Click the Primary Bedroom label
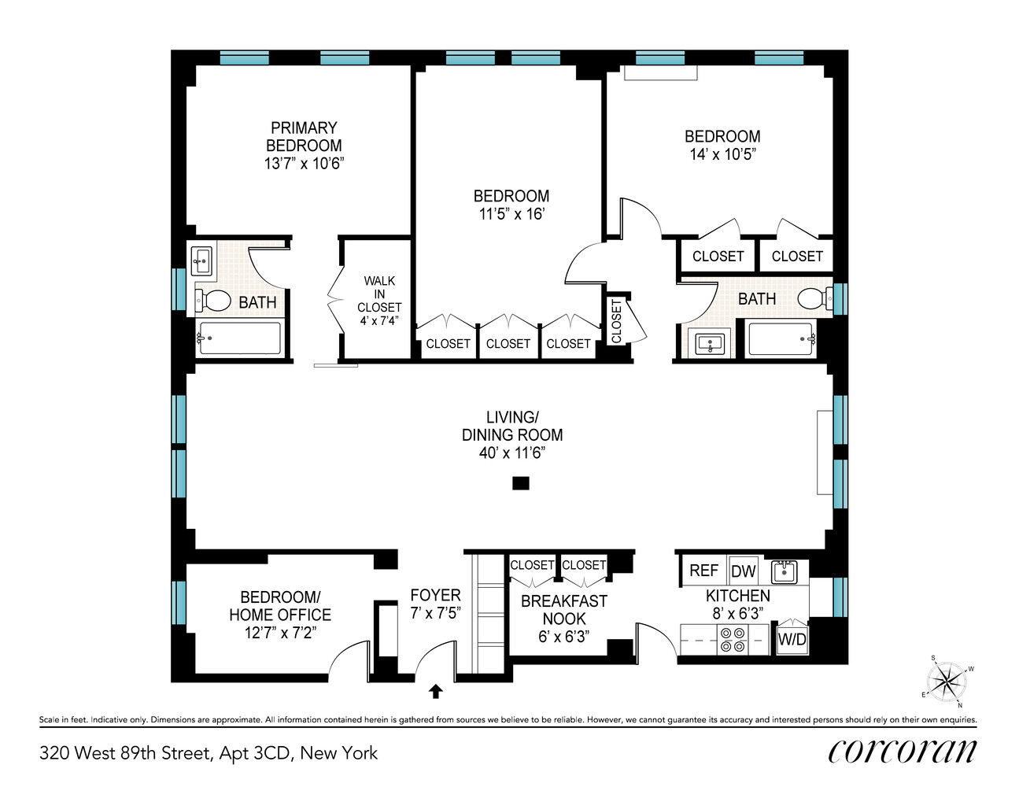[304, 136]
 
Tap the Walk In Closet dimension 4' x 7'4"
[379, 320]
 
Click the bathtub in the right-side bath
[781, 339]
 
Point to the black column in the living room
[520, 483]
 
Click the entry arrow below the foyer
[435, 692]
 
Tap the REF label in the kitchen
[703, 571]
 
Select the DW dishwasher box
[743, 571]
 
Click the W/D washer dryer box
[792, 640]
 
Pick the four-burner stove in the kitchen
[733, 640]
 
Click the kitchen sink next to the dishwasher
[784, 571]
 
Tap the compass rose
[947, 681]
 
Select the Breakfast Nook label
[564, 610]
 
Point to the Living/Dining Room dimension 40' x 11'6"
[512, 453]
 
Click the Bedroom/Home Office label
[280, 606]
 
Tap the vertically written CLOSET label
[616, 320]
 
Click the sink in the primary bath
[203, 260]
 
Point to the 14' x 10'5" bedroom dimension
[722, 154]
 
